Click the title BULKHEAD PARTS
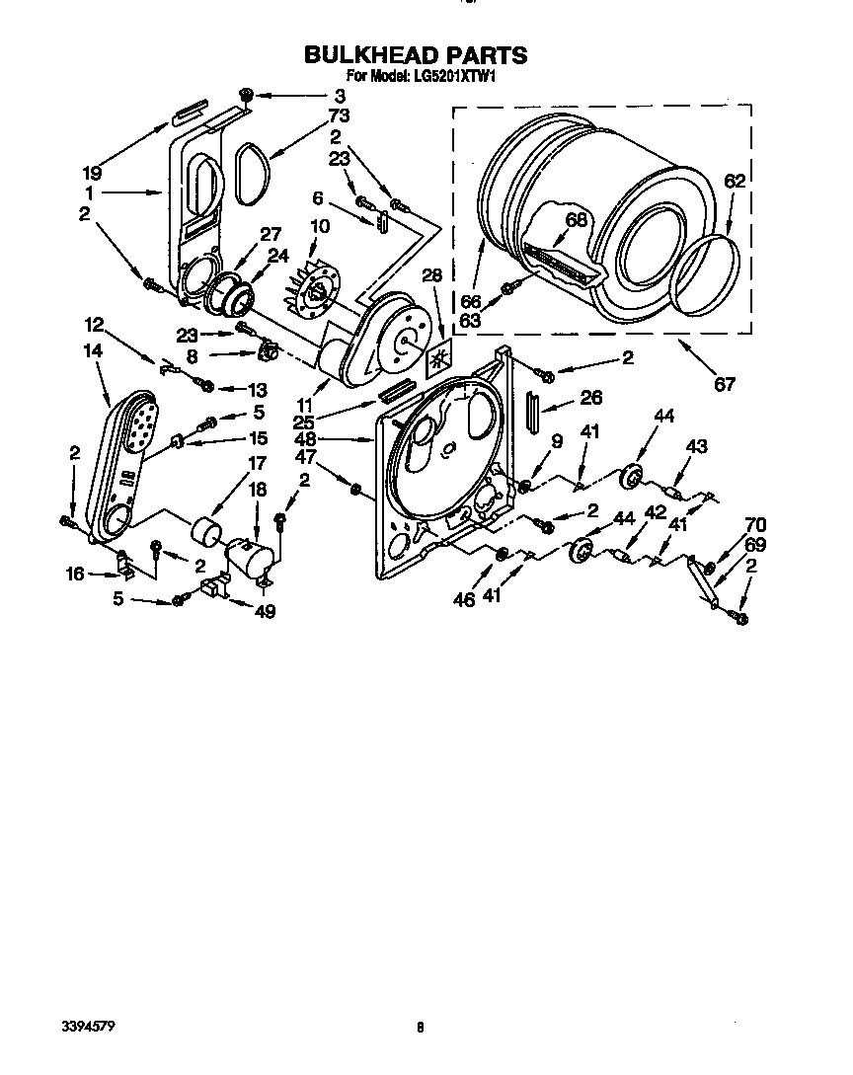coord(415,55)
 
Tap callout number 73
coord(339,115)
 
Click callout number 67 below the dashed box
coord(724,384)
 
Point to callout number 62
coord(735,181)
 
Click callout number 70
coord(754,525)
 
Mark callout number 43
coord(697,446)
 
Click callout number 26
coord(590,399)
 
